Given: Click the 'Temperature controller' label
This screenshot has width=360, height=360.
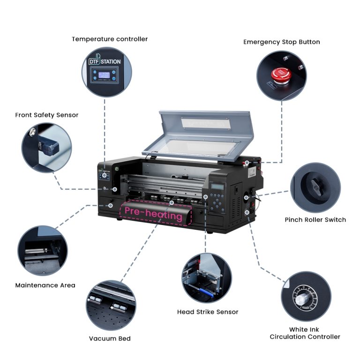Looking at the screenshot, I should click(x=110, y=39).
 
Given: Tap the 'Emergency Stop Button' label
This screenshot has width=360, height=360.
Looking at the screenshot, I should click(x=281, y=42).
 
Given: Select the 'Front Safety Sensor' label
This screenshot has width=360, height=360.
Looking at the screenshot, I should click(x=46, y=115).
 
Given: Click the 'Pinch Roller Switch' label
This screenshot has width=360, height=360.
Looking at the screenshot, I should click(x=315, y=219).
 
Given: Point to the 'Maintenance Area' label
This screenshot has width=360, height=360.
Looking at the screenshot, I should click(x=45, y=285).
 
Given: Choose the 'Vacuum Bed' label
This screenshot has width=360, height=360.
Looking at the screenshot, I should click(x=110, y=338).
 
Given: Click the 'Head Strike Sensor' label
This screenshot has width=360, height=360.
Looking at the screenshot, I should click(x=208, y=312).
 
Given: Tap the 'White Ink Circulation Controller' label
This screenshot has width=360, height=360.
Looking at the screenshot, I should click(x=305, y=333).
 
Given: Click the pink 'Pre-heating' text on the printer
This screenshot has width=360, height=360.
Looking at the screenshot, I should click(x=153, y=215).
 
